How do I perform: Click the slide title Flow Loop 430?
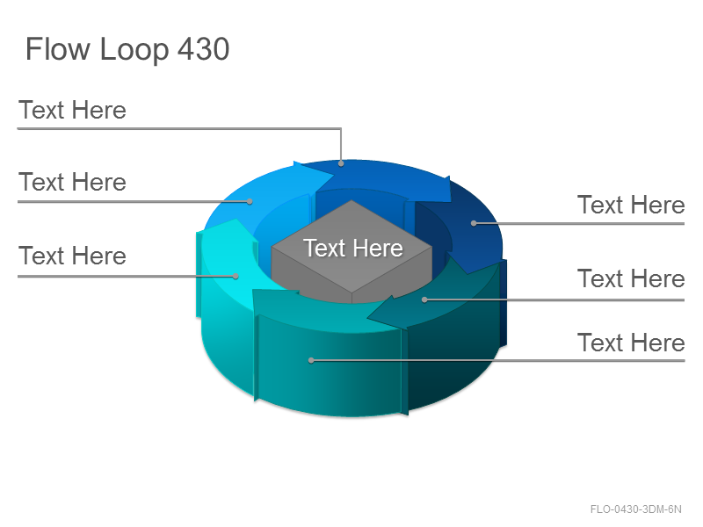tap(127, 49)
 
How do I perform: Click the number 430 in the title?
tap(204, 48)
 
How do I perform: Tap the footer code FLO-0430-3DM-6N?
tap(635, 509)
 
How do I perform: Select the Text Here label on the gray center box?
tap(353, 248)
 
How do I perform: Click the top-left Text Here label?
tap(72, 111)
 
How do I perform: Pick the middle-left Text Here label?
tap(72, 182)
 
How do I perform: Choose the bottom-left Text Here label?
tap(72, 256)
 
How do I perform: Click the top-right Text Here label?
tap(631, 205)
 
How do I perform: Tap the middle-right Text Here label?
tap(631, 278)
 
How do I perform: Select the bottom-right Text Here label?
tap(631, 343)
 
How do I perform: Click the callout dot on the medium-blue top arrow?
tap(341, 163)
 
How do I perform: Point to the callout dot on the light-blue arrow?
tap(250, 202)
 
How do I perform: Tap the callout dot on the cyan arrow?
tap(236, 276)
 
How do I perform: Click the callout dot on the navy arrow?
tap(474, 223)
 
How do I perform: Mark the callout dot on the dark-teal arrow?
tap(424, 300)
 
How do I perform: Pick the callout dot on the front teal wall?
tap(311, 360)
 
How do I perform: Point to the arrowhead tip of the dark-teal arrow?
tap(367, 318)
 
